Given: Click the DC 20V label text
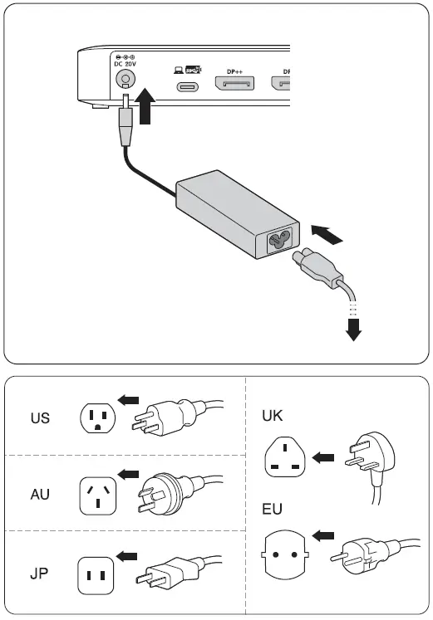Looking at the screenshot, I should pyautogui.click(x=125, y=63).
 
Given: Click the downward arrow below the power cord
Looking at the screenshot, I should pyautogui.click(x=353, y=330).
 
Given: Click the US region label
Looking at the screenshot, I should pyautogui.click(x=40, y=417).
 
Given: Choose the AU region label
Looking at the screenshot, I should pyautogui.click(x=40, y=495).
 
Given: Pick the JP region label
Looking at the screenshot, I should pyautogui.click(x=40, y=573).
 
